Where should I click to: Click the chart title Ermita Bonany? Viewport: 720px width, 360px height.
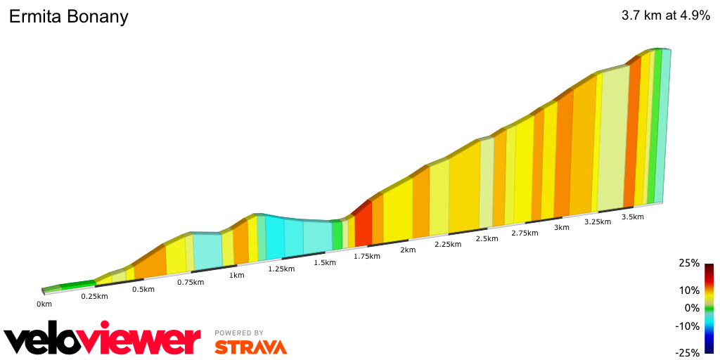coord(68,17)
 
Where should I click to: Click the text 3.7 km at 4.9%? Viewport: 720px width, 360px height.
coord(665,16)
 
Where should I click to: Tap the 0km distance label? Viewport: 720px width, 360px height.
coord(44,304)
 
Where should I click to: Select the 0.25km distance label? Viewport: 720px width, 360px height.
coord(94,296)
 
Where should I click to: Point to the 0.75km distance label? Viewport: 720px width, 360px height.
coord(190,282)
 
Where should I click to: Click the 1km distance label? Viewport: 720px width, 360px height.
coord(237,275)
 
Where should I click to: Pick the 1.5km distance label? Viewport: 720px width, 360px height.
coord(324,262)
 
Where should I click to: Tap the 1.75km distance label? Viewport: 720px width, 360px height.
coord(366,256)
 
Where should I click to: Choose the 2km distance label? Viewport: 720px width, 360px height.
coord(408,250)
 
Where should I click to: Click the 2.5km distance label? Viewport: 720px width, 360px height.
coord(486,238)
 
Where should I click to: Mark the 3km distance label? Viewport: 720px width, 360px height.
coord(561,227)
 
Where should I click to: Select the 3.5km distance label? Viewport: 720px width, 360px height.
coord(633,217)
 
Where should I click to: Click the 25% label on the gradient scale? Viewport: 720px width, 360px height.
coord(689,263)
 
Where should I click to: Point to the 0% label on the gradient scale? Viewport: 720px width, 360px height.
coord(692,307)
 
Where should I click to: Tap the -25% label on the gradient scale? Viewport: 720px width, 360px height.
coord(688,352)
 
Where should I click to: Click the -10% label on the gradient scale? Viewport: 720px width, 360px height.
coord(688,326)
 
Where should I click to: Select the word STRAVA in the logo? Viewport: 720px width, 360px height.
coord(250,347)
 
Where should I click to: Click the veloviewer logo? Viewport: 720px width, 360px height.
coord(102,340)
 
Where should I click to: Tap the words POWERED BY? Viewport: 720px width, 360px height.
coord(239,333)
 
